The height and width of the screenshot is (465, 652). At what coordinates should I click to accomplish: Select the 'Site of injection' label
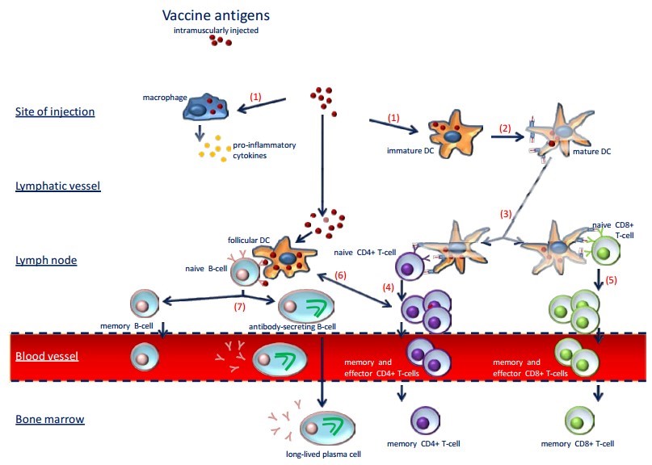click(54, 111)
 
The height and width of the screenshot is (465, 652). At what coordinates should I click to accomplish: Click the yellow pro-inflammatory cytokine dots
click(211, 148)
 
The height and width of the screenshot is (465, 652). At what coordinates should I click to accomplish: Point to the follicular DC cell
click(283, 257)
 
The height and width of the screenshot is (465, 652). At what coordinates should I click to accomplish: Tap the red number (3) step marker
click(505, 214)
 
